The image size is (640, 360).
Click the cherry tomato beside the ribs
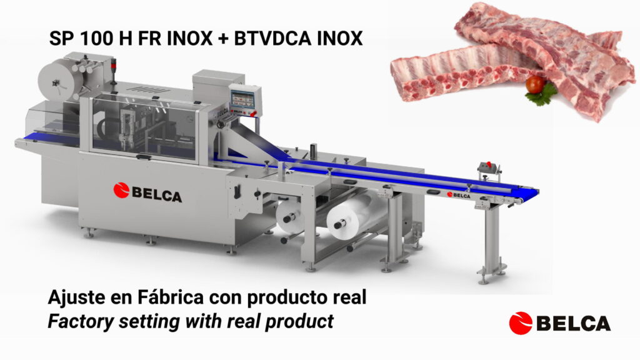tap(535, 84)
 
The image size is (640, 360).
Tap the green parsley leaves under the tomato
tap(541, 96)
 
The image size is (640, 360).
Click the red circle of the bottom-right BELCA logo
tap(521, 323)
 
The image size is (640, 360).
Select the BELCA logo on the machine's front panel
tap(147, 192)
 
